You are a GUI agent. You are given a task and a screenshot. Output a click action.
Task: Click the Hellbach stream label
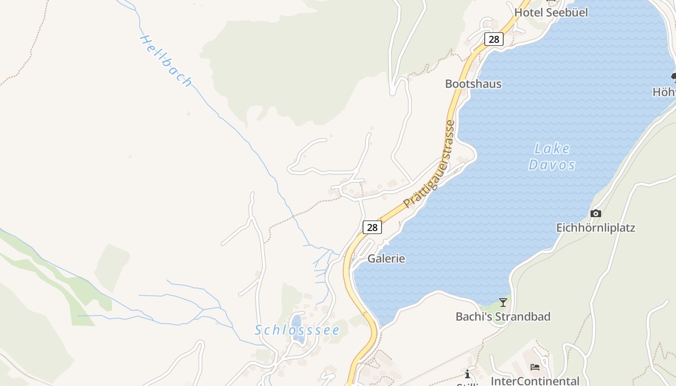click(166, 61)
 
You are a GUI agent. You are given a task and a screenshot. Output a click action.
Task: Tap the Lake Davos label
click(552, 156)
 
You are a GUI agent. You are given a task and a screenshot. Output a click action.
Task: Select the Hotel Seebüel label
click(551, 13)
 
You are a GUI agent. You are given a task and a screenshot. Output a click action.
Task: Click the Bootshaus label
click(473, 84)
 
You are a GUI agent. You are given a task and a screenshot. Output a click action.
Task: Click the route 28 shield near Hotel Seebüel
click(493, 39)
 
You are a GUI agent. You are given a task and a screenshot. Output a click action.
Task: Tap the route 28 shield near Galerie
click(372, 227)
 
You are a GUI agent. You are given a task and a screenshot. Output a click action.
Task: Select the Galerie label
click(386, 259)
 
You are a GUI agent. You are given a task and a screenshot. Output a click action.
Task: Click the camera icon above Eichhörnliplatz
click(596, 213)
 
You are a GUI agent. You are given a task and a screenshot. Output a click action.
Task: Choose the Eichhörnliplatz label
click(595, 228)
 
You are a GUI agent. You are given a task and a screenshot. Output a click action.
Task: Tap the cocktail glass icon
click(503, 303)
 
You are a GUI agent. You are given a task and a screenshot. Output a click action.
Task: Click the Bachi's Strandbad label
click(503, 317)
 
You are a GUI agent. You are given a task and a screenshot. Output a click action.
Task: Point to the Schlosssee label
click(297, 331)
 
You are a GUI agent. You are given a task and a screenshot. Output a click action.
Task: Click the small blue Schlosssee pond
click(297, 323)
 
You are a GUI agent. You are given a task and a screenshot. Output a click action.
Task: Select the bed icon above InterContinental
click(535, 367)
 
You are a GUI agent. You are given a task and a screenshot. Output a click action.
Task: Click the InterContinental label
click(535, 381)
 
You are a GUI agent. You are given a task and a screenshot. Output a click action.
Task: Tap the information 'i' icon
click(467, 374)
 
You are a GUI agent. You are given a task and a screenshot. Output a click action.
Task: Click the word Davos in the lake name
click(552, 165)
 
